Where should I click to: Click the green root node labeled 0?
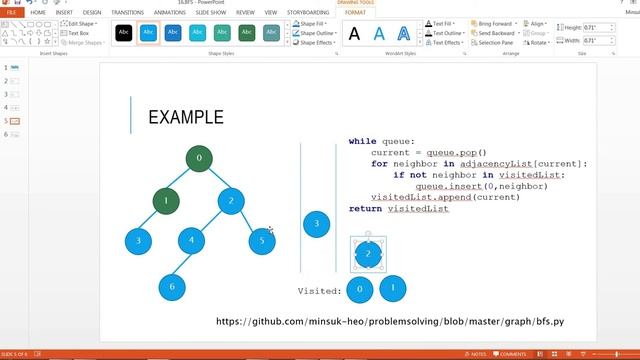point(199,158)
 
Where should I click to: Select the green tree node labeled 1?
point(166,201)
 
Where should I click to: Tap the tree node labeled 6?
point(172,287)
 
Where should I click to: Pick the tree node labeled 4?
point(192,241)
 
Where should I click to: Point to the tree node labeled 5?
point(262,240)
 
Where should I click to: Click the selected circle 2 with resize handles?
point(368,254)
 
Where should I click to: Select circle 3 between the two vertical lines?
point(317,224)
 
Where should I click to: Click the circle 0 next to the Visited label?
point(360,290)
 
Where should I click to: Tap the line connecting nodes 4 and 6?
point(182,264)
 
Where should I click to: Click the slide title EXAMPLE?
point(185,118)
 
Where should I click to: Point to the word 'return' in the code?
point(365,209)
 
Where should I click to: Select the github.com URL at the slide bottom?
point(391,322)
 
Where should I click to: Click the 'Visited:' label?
point(320,291)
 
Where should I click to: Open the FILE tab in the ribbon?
point(11,13)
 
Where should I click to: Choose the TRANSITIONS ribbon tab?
point(127,13)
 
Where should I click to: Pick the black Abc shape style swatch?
point(123,33)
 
